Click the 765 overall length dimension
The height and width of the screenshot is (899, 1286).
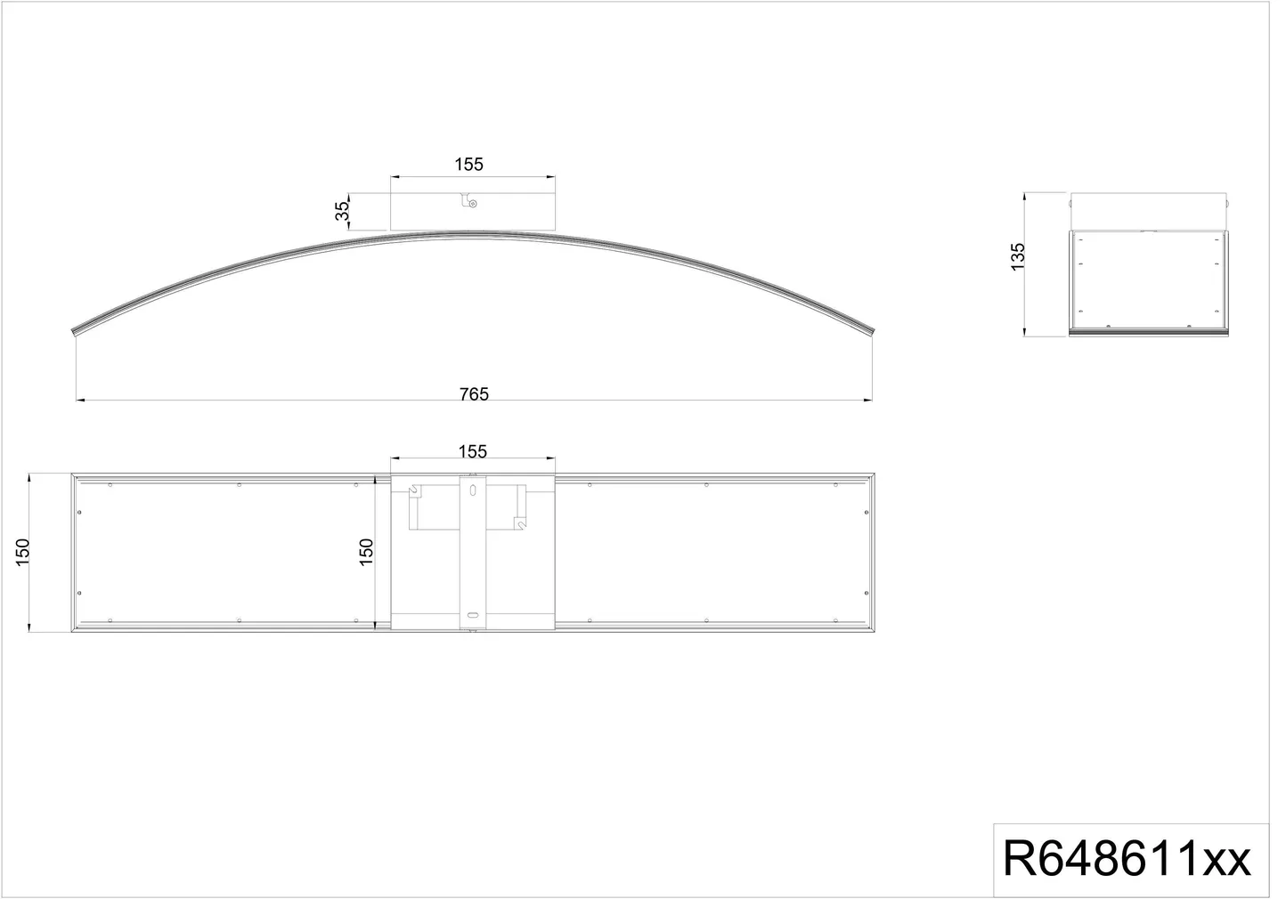tap(479, 399)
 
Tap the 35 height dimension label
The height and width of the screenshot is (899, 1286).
tap(346, 213)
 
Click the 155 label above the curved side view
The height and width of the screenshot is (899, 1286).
tap(474, 166)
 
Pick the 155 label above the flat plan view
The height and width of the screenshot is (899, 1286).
tap(477, 457)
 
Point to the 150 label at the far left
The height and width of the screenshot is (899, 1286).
tap(22, 558)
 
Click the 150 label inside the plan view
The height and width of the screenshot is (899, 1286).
tap(370, 557)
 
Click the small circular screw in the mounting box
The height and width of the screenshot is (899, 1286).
tap(477, 206)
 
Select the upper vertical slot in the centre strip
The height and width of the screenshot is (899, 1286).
tap(477, 495)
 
